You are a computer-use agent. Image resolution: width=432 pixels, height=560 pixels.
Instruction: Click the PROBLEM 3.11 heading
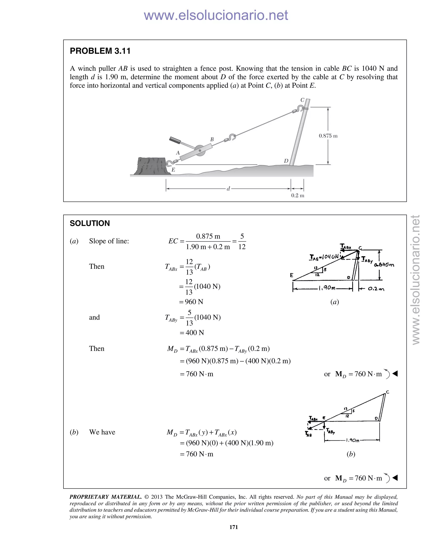[x=100, y=51]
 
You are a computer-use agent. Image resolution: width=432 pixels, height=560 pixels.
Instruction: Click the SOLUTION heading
[x=90, y=223]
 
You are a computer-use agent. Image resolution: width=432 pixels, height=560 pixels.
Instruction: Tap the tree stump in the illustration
[x=153, y=166]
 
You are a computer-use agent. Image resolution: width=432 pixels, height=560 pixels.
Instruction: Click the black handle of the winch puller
[x=175, y=140]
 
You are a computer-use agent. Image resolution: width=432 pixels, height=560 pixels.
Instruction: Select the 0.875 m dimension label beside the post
[x=328, y=136]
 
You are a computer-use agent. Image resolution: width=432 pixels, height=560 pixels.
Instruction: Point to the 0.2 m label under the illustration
[x=297, y=195]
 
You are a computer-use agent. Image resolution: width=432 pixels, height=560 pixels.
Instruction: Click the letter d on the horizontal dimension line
[x=228, y=189]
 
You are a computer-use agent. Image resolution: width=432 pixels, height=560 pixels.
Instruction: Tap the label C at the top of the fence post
[x=302, y=100]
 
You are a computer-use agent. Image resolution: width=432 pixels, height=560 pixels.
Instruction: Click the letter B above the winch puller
[x=212, y=139]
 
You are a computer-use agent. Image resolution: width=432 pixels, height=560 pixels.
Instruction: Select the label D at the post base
[x=286, y=161]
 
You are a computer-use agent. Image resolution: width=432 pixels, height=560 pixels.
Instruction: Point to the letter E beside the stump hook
[x=173, y=170]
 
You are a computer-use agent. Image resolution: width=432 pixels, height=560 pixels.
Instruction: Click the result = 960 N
[x=191, y=302]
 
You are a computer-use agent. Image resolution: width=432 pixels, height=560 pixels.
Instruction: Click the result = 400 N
[x=192, y=333]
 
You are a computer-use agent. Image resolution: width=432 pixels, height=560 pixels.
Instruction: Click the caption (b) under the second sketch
[x=351, y=454]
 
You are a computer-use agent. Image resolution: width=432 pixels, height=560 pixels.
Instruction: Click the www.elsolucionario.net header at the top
[x=216, y=15]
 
